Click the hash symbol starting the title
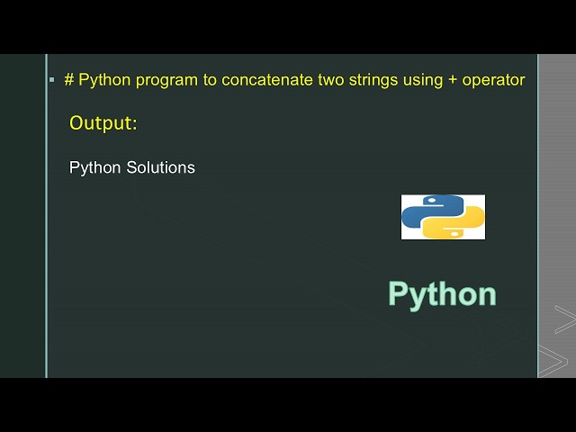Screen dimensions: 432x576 point(69,80)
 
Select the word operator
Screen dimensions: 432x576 point(493,80)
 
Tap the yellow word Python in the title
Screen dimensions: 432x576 point(103,80)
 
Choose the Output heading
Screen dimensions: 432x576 point(103,123)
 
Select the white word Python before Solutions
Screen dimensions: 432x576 point(94,168)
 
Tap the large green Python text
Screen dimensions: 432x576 point(442,294)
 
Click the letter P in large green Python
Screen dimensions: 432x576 point(399,293)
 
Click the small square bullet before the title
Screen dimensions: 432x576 point(51,80)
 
